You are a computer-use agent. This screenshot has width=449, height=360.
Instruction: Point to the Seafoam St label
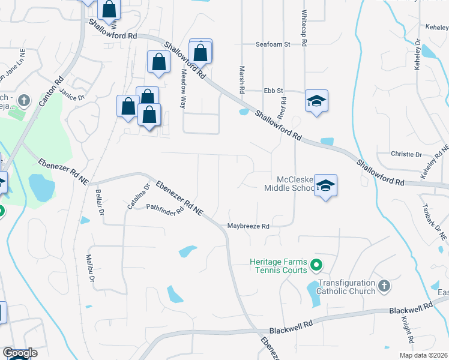point(273,44)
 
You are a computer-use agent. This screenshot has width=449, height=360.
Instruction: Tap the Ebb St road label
point(273,91)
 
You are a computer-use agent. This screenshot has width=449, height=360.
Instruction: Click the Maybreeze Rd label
point(249,226)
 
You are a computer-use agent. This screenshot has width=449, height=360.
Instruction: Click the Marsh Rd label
point(242,79)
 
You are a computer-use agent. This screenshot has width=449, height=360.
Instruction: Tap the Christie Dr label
point(406,154)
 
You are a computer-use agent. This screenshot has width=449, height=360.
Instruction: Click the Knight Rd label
point(406,331)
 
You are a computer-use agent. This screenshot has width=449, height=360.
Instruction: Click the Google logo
point(20,353)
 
